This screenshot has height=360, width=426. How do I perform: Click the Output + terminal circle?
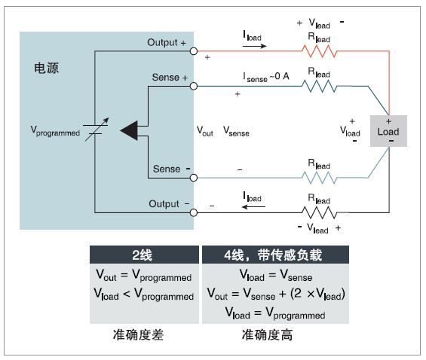click(194, 51)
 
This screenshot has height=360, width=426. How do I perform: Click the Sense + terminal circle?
click(194, 87)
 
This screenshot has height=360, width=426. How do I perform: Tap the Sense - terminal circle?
click(194, 178)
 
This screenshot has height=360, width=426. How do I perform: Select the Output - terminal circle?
click(194, 212)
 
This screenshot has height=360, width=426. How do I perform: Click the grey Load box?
click(388, 131)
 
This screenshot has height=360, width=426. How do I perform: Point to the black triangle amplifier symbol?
click(129, 130)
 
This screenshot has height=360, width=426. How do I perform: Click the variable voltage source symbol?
click(96, 130)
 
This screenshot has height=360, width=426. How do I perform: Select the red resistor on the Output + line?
click(319, 51)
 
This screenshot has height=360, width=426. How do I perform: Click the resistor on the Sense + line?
click(319, 87)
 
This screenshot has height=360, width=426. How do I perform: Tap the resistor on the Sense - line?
click(319, 178)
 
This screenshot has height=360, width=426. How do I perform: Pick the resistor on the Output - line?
click(319, 212)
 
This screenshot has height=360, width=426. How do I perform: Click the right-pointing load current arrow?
click(255, 46)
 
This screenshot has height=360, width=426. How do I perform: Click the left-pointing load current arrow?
click(253, 207)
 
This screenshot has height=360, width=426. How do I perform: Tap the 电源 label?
click(46, 68)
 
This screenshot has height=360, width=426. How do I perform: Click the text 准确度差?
click(138, 335)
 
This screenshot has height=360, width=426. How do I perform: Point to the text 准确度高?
click(268, 335)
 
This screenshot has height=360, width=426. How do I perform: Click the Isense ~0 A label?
click(266, 77)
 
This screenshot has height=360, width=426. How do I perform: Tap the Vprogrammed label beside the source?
click(55, 131)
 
